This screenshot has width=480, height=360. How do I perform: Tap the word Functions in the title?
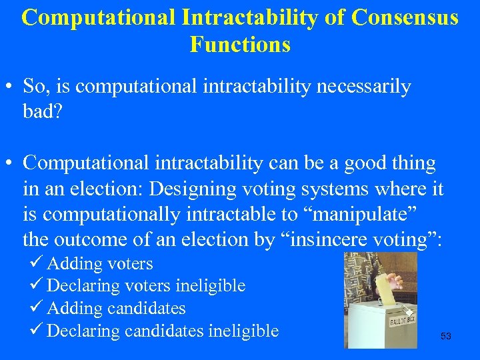240,45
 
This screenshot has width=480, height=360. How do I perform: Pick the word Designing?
191,189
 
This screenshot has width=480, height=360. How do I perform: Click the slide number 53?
446,337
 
